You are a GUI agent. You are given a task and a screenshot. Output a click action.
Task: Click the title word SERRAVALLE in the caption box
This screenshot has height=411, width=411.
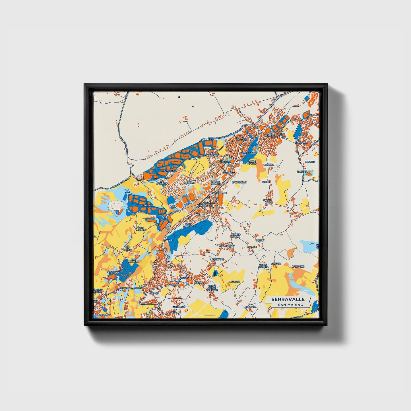click(x=288, y=300)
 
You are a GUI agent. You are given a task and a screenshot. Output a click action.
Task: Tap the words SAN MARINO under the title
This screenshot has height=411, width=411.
click(x=290, y=305)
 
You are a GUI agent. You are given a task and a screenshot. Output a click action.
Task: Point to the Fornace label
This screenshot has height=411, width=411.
click(x=270, y=136)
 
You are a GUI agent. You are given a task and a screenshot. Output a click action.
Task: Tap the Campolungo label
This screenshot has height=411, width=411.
click(x=248, y=153)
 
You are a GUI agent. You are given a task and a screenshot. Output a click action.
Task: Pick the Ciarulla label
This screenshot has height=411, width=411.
click(x=147, y=205)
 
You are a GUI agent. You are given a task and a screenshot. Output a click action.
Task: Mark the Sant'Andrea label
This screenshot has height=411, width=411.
click(x=189, y=225)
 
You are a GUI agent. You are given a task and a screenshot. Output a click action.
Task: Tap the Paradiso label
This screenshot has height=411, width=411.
click(x=178, y=307)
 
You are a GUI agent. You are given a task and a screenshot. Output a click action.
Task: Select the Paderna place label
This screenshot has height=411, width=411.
click(x=250, y=307)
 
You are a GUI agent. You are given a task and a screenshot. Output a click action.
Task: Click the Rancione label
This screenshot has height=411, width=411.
click(x=298, y=267)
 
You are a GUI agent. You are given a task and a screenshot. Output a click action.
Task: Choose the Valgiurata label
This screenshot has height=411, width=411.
click(x=228, y=246)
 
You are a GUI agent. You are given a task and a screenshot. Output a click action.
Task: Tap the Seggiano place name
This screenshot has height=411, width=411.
click(x=113, y=272)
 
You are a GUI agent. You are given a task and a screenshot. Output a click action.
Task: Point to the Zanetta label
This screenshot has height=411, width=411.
click(x=302, y=172)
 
